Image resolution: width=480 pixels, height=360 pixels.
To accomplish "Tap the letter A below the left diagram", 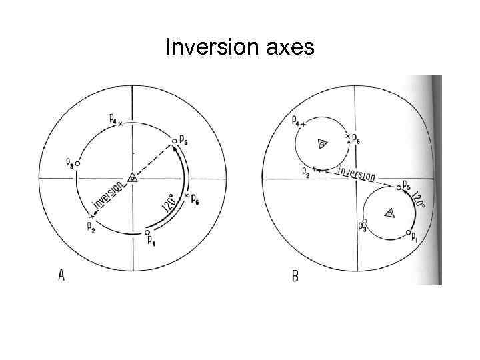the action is click(61, 275).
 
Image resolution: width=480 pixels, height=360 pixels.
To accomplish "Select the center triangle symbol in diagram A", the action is click(133, 178).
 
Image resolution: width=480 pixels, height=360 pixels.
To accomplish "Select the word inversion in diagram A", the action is click(107, 197).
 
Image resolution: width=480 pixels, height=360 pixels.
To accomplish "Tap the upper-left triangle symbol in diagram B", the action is click(321, 144).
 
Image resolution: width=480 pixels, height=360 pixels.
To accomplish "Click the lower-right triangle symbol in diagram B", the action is click(389, 213).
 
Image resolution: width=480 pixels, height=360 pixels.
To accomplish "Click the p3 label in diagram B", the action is click(362, 229).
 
